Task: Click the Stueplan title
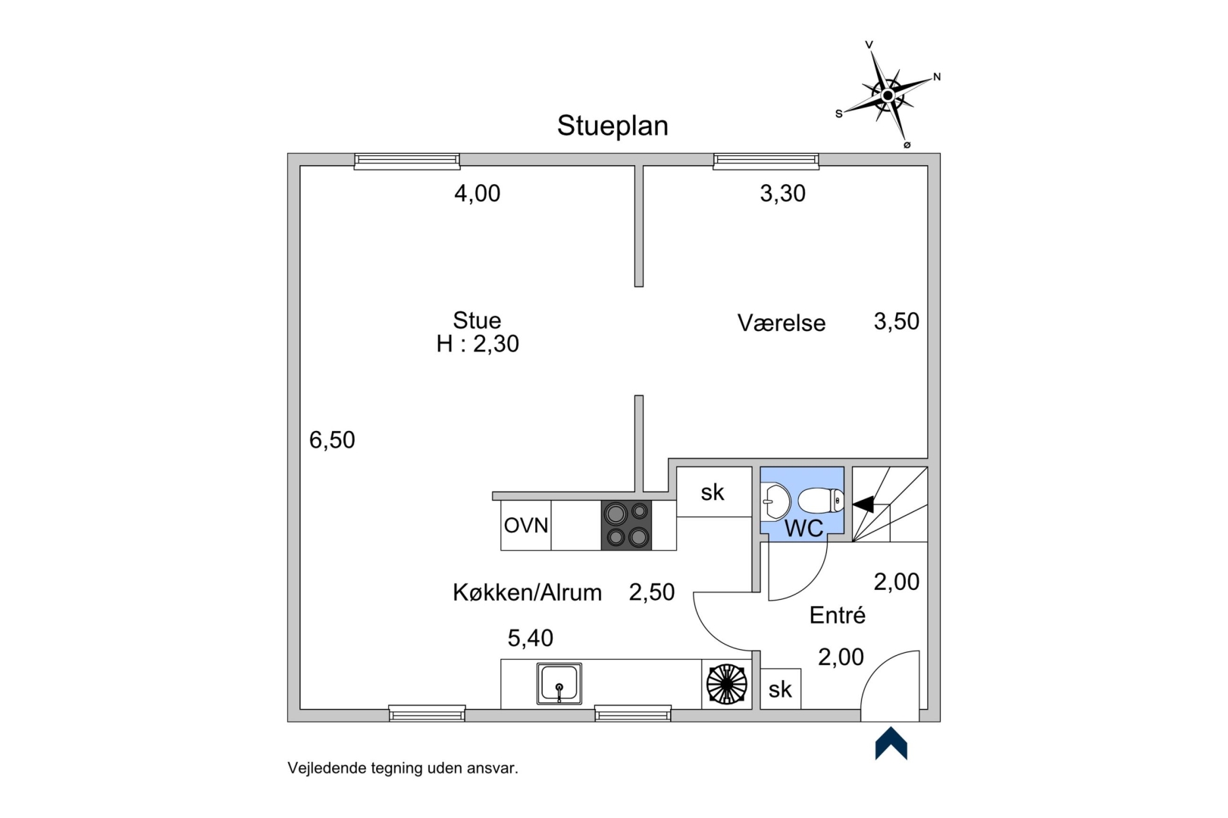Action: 612,126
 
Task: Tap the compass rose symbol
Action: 888,95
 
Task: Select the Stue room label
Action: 477,320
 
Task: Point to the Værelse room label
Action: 782,323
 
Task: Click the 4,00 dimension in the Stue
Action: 478,194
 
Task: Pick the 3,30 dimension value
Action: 782,194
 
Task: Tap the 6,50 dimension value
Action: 332,440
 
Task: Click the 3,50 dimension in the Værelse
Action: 896,321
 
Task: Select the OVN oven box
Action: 526,525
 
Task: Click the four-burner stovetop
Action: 626,525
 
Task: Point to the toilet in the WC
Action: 822,501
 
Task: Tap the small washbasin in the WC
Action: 775,501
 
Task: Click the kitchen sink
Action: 559,683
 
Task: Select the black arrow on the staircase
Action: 863,504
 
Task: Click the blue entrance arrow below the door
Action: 891,744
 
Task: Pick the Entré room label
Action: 837,615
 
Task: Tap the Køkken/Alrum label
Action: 527,592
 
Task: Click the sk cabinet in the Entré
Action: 780,689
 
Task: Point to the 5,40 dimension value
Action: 530,638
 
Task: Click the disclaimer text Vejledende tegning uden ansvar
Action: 403,768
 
